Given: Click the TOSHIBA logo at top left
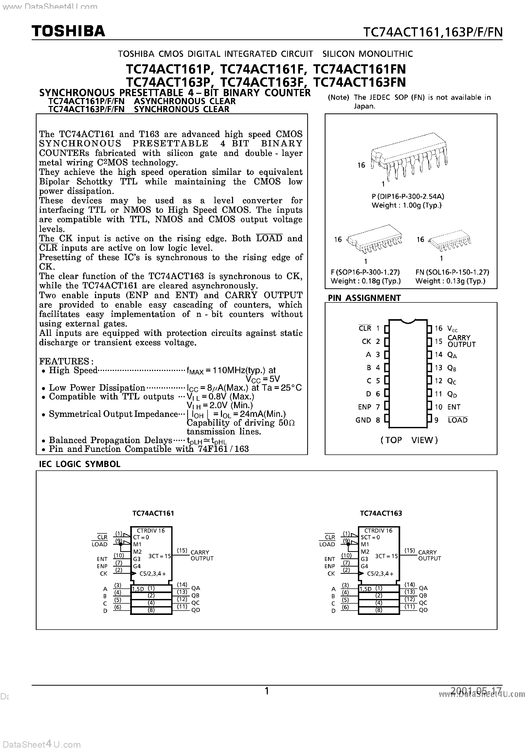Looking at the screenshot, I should [x=68, y=31].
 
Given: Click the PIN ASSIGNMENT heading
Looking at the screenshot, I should [x=364, y=298].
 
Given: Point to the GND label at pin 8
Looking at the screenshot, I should [x=363, y=420].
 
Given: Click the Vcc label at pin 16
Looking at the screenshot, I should [x=452, y=328].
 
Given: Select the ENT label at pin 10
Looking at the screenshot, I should [x=454, y=407].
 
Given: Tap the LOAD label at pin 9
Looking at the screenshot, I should [x=458, y=420].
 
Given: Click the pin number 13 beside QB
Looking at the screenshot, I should [x=439, y=368].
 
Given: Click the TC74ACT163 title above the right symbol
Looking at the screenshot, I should [x=381, y=513].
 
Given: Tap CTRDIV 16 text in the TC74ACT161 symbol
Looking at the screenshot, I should [x=151, y=531].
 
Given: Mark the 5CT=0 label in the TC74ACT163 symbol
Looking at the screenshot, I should [x=370, y=537].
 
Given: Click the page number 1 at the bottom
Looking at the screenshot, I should [x=267, y=691].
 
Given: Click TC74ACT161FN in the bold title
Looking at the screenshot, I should [x=359, y=69].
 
